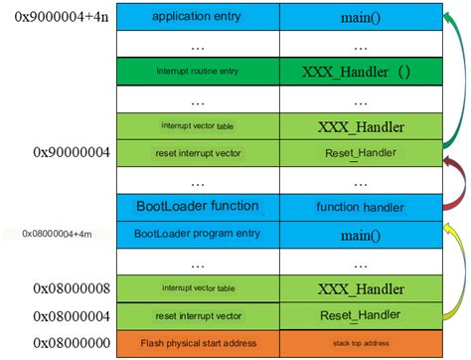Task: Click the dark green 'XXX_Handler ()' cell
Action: pos(360,72)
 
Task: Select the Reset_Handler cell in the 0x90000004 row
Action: pos(360,152)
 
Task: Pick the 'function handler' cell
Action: pos(360,206)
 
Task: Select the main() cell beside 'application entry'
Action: pos(360,17)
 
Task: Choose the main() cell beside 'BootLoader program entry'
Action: pos(360,234)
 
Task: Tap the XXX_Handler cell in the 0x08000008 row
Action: pos(360,288)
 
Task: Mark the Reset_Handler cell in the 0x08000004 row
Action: pos(360,315)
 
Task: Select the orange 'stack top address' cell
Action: pos(360,342)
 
